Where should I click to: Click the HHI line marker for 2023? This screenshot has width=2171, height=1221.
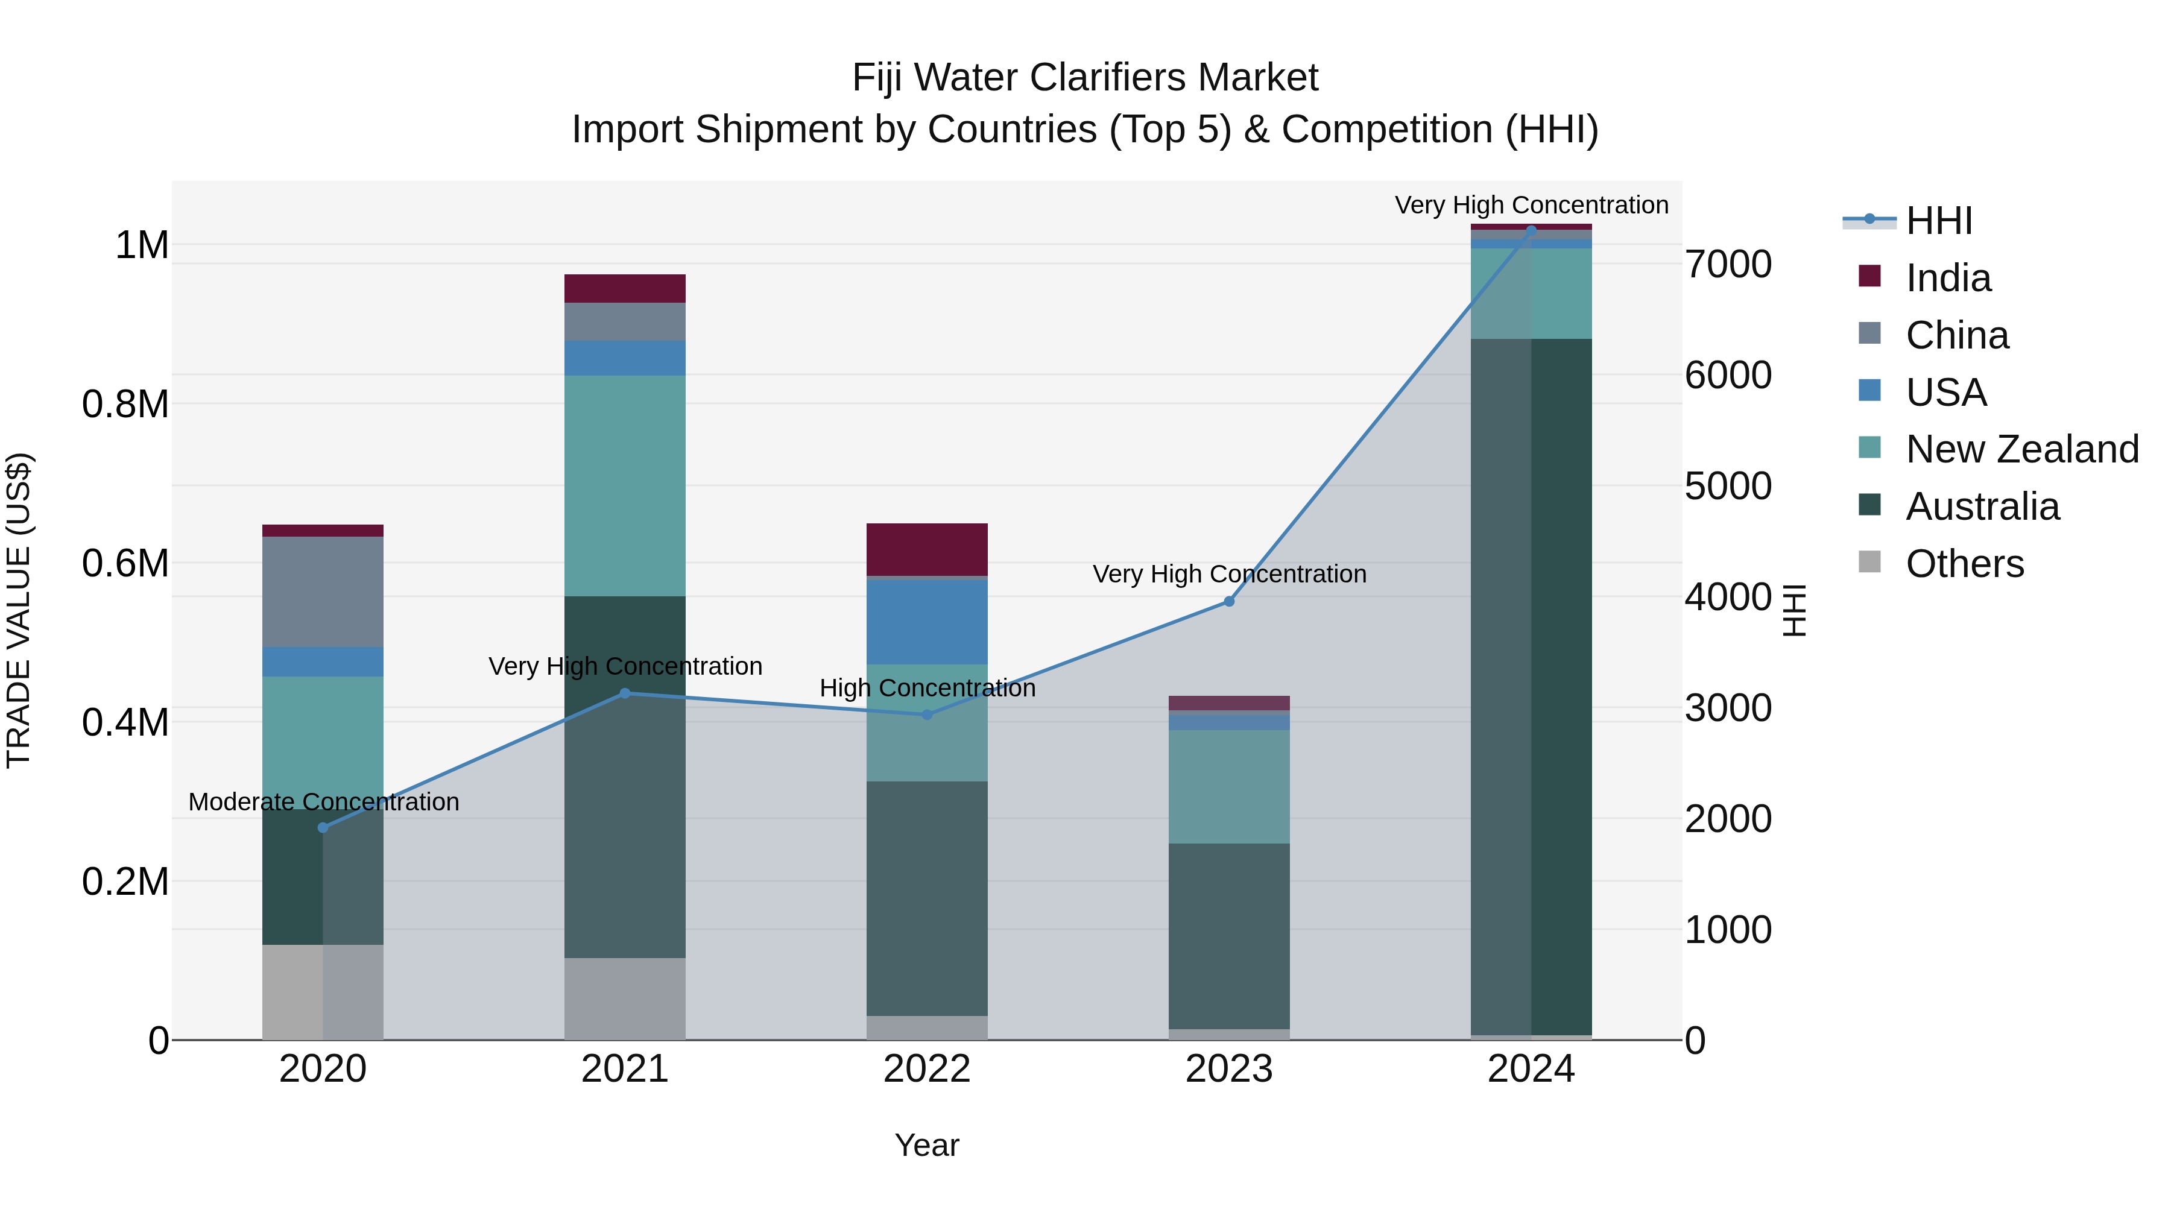pyautogui.click(x=1229, y=602)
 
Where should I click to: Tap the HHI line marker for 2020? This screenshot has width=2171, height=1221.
pyautogui.click(x=323, y=827)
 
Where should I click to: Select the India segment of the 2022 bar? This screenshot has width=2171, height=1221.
pyautogui.click(x=927, y=549)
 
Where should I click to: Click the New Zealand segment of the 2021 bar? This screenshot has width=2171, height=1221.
pyautogui.click(x=625, y=485)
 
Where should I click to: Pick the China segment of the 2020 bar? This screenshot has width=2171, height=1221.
pyautogui.click(x=323, y=592)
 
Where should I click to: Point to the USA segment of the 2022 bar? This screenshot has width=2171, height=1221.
pyautogui.click(x=927, y=622)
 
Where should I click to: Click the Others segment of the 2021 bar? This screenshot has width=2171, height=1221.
pyautogui.click(x=625, y=999)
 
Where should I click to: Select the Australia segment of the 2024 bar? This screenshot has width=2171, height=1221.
pyautogui.click(x=1531, y=687)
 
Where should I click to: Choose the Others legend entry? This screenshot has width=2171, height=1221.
pyautogui.click(x=1964, y=564)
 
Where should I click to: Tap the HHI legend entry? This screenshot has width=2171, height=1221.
pyautogui.click(x=1938, y=221)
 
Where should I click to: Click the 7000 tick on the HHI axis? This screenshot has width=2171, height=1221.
pyautogui.click(x=1728, y=265)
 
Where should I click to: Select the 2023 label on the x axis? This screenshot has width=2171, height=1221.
pyautogui.click(x=1229, y=1069)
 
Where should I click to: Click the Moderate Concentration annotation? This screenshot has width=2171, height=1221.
pyautogui.click(x=324, y=801)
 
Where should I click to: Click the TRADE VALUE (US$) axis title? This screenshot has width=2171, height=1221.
pyautogui.click(x=19, y=610)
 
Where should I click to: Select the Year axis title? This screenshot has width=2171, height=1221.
pyautogui.click(x=927, y=1145)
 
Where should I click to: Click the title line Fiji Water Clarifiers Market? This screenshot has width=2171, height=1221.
pyautogui.click(x=1085, y=78)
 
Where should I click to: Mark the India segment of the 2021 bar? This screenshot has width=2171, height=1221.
pyautogui.click(x=625, y=288)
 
